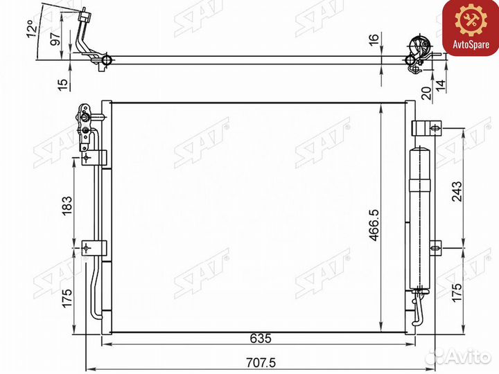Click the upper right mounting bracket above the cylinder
point(425,128)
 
